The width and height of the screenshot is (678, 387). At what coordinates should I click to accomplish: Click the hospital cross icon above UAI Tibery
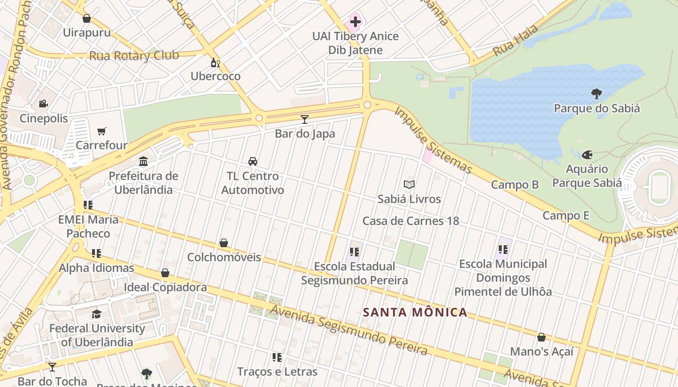pos(355,21)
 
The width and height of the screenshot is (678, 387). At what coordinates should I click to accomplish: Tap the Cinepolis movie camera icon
pos(44,104)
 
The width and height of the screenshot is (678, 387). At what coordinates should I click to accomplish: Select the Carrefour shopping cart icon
pos(102,131)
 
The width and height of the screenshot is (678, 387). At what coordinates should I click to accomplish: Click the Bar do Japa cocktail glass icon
pos(305,119)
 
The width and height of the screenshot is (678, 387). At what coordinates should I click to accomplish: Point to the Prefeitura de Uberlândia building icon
pos(143,161)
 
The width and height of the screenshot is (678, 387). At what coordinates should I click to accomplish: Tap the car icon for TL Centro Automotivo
pos(252,162)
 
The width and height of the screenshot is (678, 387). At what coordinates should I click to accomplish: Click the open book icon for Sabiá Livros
pos(409,184)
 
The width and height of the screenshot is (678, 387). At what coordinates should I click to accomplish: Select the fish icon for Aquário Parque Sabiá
pos(587,155)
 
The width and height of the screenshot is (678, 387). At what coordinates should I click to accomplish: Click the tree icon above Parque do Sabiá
pos(597,94)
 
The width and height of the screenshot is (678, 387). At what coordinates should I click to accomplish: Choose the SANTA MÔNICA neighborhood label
pos(416,313)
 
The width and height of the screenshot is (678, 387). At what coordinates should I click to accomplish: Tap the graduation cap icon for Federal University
pos(97,314)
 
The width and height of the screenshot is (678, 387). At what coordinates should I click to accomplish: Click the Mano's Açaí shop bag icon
pos(541,337)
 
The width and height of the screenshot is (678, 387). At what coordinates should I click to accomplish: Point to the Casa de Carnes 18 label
pos(411,221)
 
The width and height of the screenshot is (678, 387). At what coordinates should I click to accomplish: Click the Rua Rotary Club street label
pos(134,56)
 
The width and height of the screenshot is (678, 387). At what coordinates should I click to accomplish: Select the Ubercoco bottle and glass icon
pos(215,62)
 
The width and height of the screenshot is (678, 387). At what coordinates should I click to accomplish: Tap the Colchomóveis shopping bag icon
pos(224,243)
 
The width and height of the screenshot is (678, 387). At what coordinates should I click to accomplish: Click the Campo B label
pos(515,184)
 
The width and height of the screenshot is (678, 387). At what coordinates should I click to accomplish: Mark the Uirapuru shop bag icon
pos(87,19)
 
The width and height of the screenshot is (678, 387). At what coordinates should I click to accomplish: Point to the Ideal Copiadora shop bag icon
pos(165,273)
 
